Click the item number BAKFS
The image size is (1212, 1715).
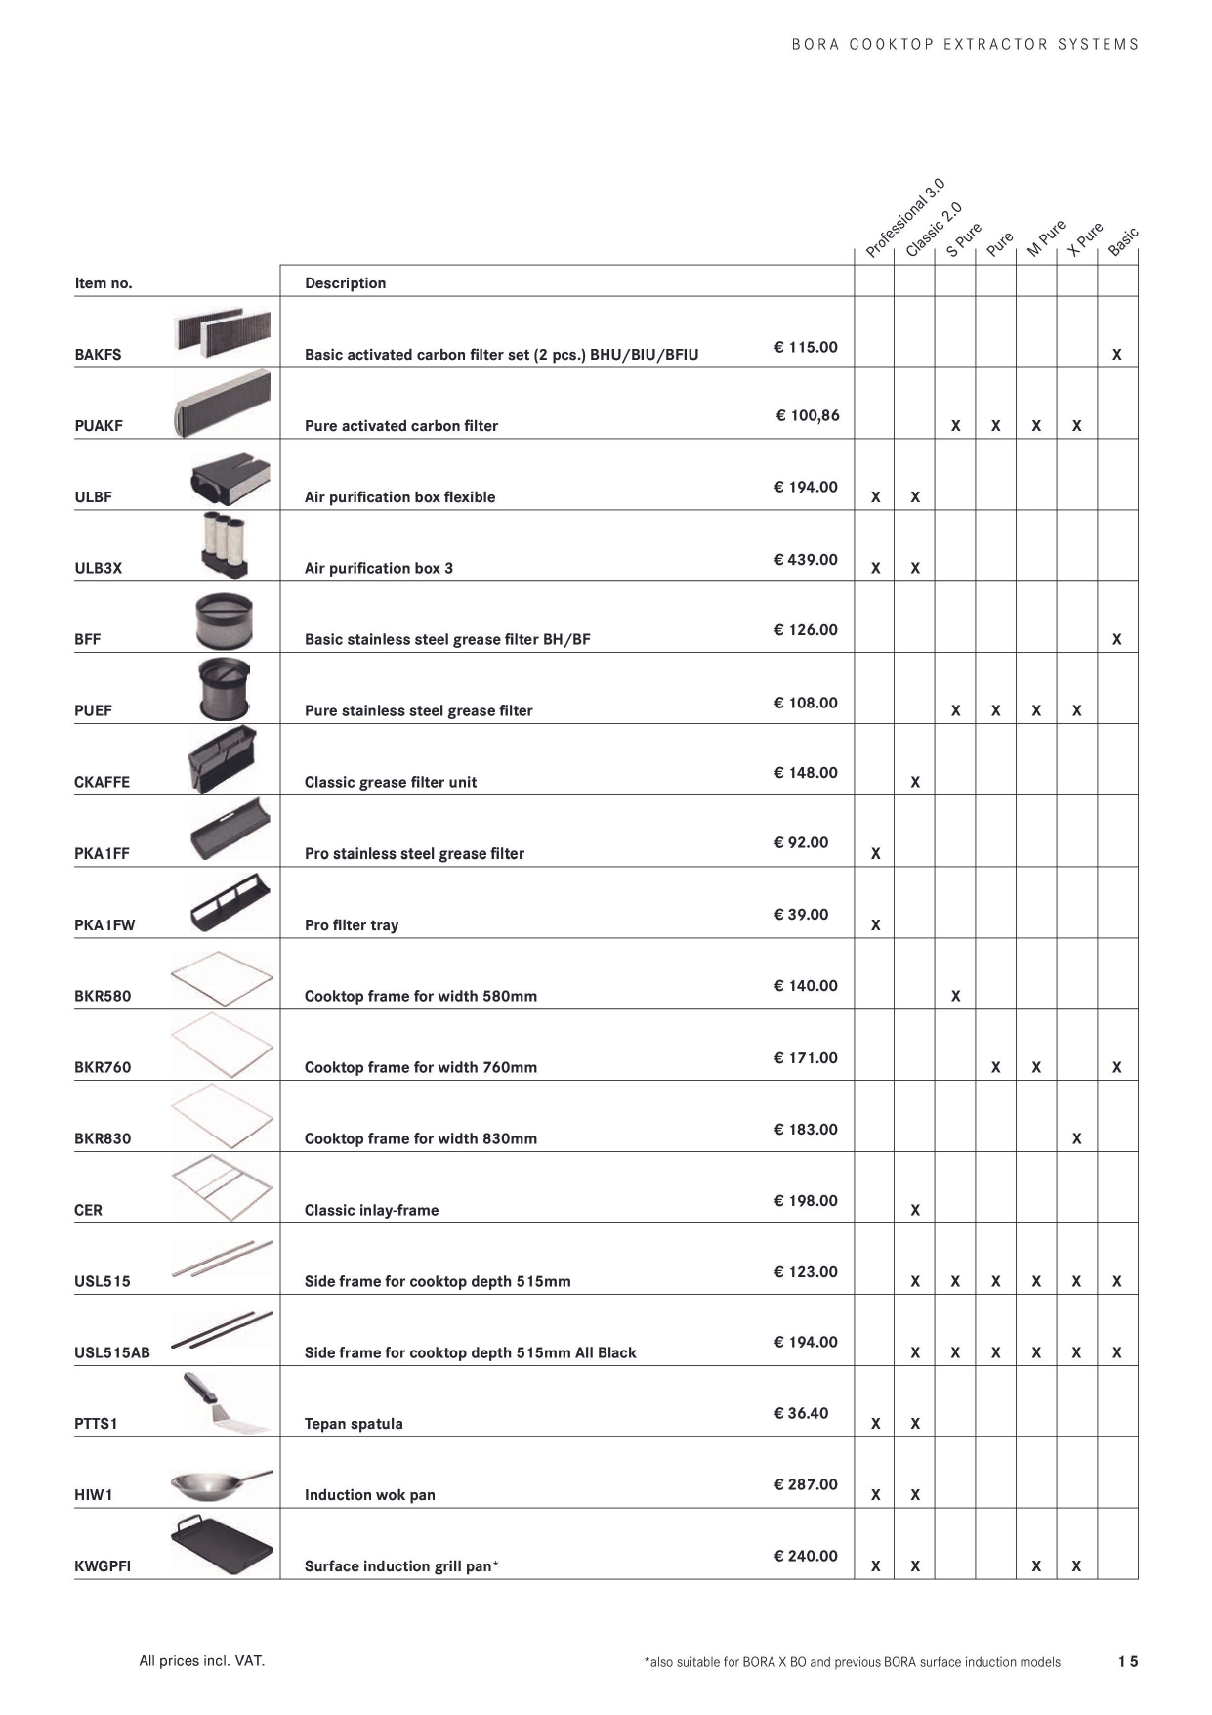(98, 355)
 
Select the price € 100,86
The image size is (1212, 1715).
(808, 416)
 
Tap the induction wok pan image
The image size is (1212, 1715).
(221, 1484)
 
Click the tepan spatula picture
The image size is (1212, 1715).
(224, 1403)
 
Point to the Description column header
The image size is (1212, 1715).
(345, 283)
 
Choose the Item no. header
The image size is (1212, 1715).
(104, 283)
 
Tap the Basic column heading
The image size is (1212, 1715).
(1123, 241)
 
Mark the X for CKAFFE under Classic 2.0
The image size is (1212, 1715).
(915, 783)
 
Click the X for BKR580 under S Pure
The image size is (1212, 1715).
(955, 997)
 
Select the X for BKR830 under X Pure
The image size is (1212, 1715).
(1076, 1139)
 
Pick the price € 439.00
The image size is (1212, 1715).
(806, 560)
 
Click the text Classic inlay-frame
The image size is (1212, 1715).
(371, 1210)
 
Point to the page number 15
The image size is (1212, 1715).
(1128, 1661)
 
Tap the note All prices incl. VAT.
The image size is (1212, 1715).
(202, 1660)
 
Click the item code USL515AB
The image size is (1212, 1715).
(112, 1353)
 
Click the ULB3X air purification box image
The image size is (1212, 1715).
(224, 545)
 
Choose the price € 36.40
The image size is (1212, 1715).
(801, 1414)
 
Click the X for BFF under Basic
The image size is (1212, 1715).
(1117, 640)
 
